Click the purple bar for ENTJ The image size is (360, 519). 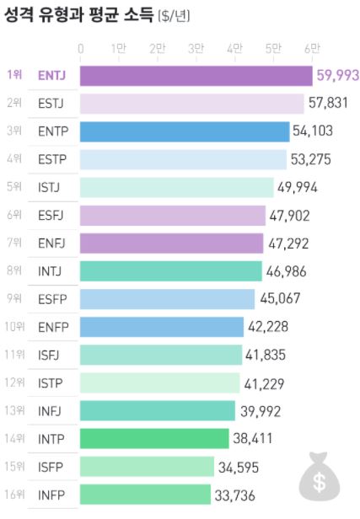pyautogui.click(x=196, y=76)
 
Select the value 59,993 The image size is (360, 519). pyautogui.click(x=336, y=76)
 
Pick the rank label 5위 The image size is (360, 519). pyautogui.click(x=13, y=187)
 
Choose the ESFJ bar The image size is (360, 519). pyautogui.click(x=173, y=216)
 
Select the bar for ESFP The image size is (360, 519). pyautogui.click(x=167, y=299)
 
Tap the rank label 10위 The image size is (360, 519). pyautogui.click(x=13, y=326)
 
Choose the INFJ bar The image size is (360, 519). pyautogui.click(x=158, y=410)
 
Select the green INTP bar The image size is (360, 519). pyautogui.click(x=154, y=438)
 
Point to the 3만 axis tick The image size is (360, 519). pyautogui.click(x=196, y=49)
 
